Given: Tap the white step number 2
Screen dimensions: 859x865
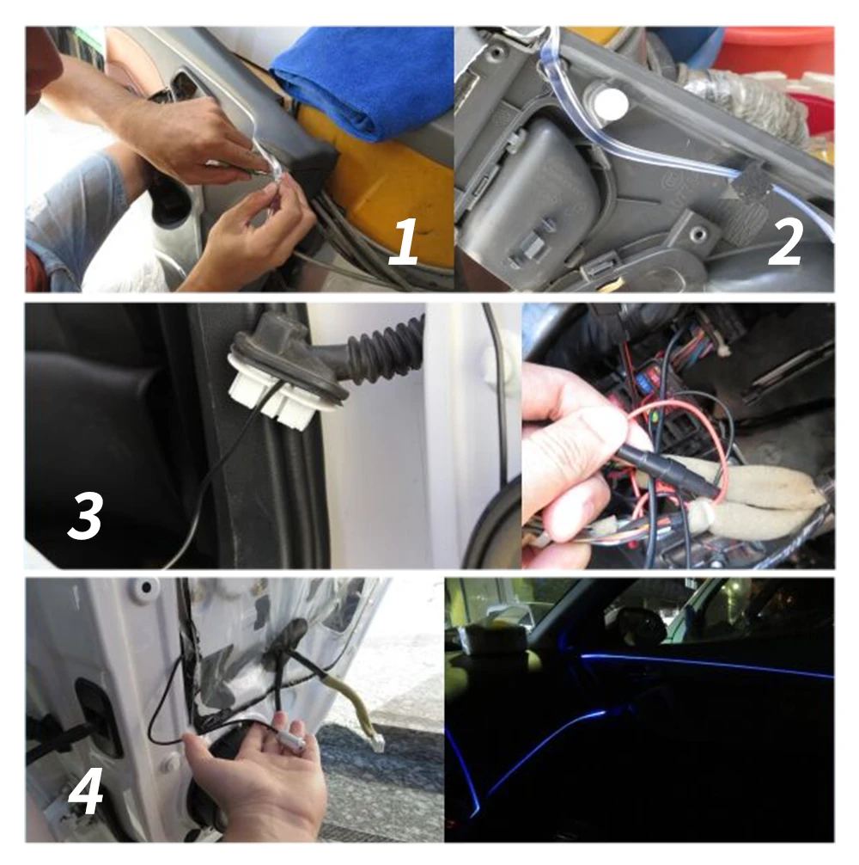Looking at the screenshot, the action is point(784,241).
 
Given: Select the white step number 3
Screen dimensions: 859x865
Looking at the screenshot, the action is point(85,515).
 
